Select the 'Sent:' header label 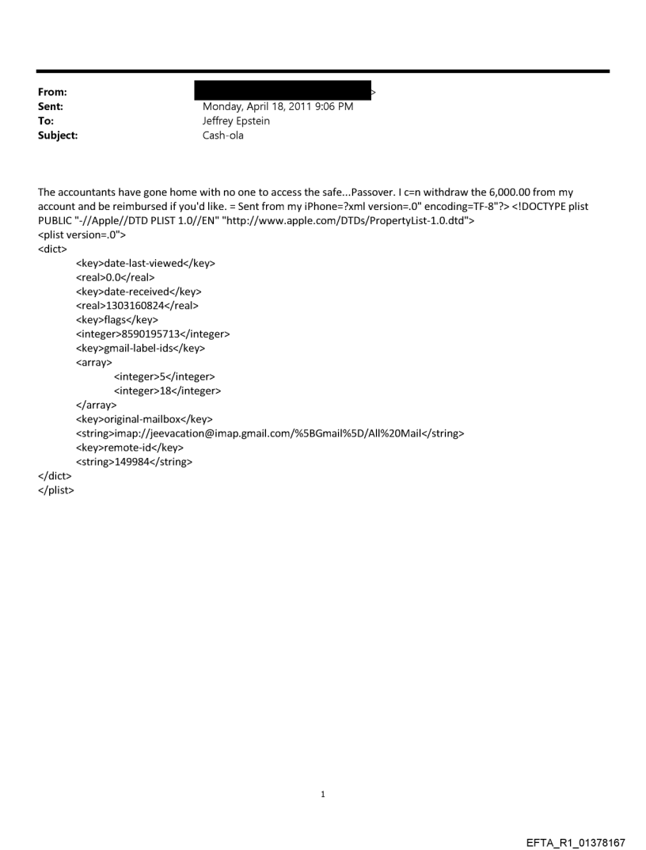tap(50, 107)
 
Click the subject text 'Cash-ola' tap(223, 135)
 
